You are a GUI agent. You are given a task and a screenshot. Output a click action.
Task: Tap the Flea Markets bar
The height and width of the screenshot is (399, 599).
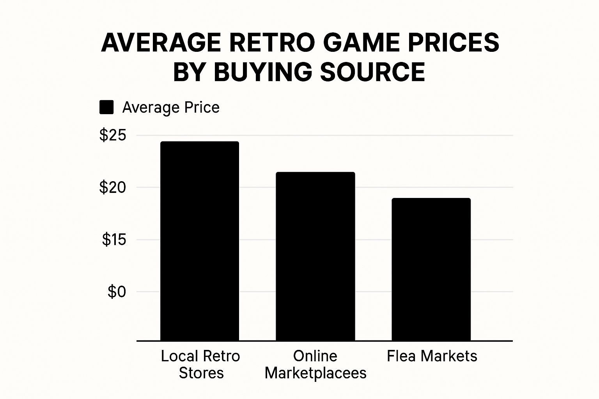pyautogui.click(x=431, y=269)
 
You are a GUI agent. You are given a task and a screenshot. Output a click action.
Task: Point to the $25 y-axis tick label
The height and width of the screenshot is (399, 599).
pyautogui.click(x=113, y=135)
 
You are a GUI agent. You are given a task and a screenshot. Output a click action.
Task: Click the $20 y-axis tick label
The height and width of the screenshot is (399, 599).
pyautogui.click(x=113, y=187)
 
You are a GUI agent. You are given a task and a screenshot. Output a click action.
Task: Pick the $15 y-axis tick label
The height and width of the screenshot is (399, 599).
pyautogui.click(x=114, y=239)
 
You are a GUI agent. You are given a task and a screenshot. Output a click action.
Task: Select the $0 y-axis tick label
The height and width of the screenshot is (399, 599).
pyautogui.click(x=117, y=291)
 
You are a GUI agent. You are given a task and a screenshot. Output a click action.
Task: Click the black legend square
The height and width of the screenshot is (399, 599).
pyautogui.click(x=106, y=107)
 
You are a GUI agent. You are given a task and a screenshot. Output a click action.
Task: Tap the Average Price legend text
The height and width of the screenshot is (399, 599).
pyautogui.click(x=171, y=107)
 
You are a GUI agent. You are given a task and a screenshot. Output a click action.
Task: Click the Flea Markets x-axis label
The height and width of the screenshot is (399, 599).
pyautogui.click(x=432, y=356)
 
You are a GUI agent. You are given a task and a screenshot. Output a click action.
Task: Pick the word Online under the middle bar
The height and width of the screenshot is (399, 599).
pyautogui.click(x=315, y=356)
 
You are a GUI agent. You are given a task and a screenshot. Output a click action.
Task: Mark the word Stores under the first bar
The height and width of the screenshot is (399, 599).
pyautogui.click(x=201, y=373)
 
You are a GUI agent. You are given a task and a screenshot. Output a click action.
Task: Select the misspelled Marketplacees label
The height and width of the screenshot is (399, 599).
pyautogui.click(x=315, y=373)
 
